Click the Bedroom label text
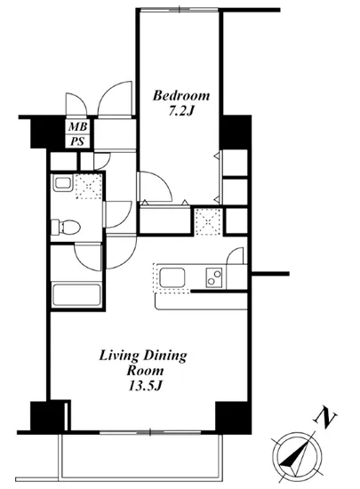click(180, 95)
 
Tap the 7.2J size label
click(180, 113)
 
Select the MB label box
click(78, 127)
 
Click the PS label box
click(78, 141)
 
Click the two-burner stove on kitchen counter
click(214, 277)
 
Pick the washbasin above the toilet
click(63, 184)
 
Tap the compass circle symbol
click(295, 450)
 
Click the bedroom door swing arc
click(153, 187)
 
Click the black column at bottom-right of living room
click(229, 414)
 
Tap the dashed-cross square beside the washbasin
click(89, 188)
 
